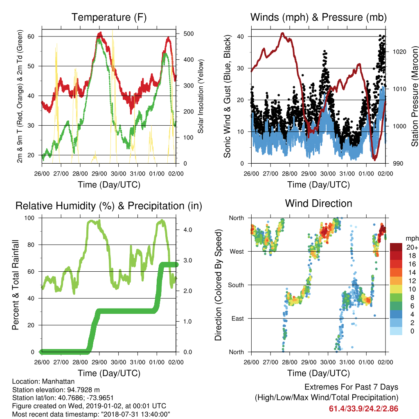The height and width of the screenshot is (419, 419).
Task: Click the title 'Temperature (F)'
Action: (x=109, y=17)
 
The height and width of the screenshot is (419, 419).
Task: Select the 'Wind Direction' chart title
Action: (x=318, y=203)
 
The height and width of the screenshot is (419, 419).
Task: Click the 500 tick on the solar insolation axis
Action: (x=189, y=34)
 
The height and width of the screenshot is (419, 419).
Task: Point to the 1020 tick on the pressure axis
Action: (x=399, y=52)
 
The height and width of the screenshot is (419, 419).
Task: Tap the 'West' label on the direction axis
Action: (x=237, y=252)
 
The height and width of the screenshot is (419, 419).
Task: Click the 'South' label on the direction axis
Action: (x=236, y=285)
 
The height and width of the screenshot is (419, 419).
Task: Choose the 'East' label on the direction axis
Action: (x=238, y=318)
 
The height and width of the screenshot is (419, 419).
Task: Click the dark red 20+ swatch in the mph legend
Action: (x=396, y=247)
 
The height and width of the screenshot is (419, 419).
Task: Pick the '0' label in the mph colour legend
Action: (x=412, y=331)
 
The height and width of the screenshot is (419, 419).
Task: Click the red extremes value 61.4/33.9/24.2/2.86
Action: (x=363, y=409)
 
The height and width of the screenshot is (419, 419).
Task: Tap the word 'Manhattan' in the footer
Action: (x=58, y=381)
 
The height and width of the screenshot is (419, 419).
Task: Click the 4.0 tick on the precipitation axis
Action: (x=187, y=230)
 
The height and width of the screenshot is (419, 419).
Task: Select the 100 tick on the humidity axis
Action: (x=29, y=218)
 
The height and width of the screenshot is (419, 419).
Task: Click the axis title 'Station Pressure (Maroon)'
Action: (x=414, y=96)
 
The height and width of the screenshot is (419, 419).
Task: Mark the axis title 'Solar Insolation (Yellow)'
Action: (x=200, y=96)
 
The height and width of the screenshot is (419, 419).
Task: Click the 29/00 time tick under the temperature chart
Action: (x=99, y=173)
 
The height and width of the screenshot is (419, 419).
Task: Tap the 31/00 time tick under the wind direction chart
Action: (x=347, y=362)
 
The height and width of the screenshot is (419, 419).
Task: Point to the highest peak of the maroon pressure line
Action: (x=282, y=34)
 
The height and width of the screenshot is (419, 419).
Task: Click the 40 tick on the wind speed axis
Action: (x=241, y=36)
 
